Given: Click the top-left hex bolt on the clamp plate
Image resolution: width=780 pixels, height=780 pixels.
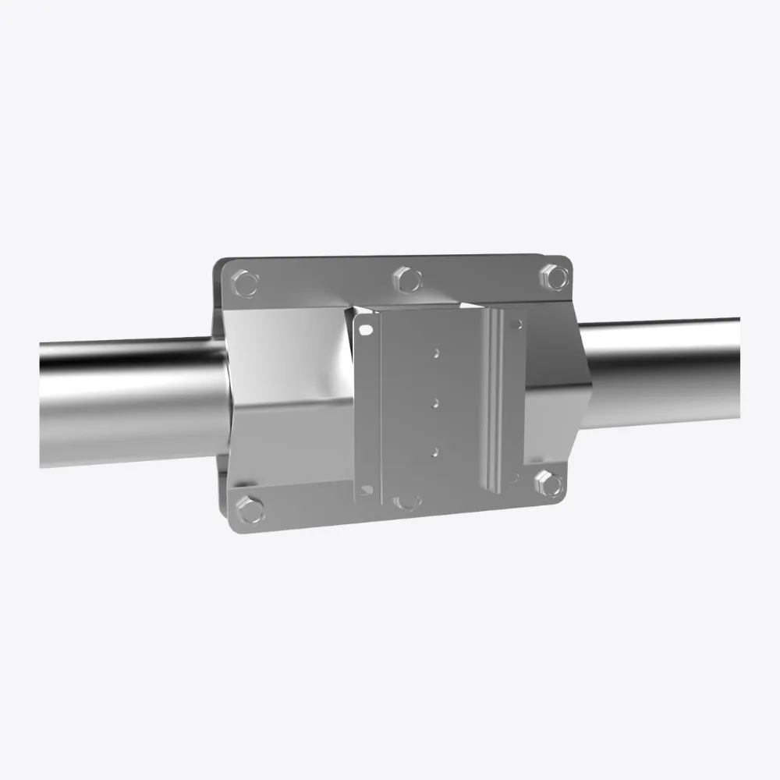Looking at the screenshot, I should point(246,283).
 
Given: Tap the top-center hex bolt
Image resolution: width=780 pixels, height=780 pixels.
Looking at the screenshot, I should point(406,278).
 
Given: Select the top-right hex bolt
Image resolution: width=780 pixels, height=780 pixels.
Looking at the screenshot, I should point(554,276).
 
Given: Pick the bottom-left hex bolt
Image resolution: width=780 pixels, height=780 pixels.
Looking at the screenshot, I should point(250,509).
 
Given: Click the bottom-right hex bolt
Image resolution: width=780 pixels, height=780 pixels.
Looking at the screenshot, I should point(550,484).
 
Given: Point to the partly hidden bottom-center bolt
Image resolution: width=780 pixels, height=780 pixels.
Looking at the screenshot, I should point(406,501).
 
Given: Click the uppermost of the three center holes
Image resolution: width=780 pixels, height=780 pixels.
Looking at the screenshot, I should point(437,353).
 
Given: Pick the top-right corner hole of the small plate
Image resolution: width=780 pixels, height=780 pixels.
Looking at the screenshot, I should point(516,323).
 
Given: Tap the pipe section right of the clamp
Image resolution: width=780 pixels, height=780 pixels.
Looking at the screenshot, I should point(663,370).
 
